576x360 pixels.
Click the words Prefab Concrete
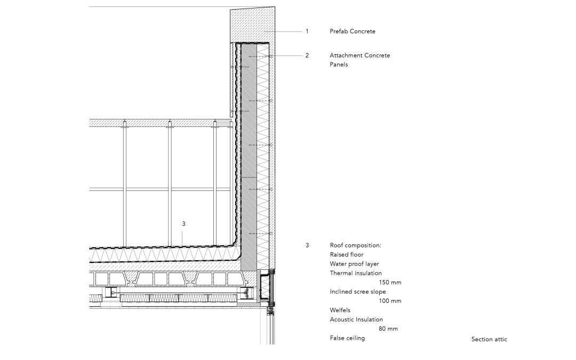[353, 31]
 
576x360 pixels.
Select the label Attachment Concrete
[359, 55]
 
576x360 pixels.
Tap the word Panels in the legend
[339, 65]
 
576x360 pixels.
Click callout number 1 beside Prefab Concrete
[307, 31]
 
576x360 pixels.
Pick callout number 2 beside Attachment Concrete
[307, 55]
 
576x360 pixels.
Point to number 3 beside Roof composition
[307, 245]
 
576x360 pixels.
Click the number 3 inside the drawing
[183, 223]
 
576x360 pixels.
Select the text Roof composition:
[356, 245]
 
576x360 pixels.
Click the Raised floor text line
[347, 254]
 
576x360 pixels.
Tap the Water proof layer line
[354, 264]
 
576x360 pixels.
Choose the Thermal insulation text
[356, 273]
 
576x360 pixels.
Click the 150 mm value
[390, 283]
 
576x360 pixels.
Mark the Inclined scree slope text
[358, 292]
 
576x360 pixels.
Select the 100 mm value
[390, 301]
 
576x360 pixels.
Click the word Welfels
[340, 310]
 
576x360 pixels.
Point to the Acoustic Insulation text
[356, 319]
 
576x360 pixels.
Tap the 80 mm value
[388, 329]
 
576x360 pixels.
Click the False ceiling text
[347, 338]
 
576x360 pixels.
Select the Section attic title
[489, 339]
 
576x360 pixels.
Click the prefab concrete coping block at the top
[253, 24]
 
